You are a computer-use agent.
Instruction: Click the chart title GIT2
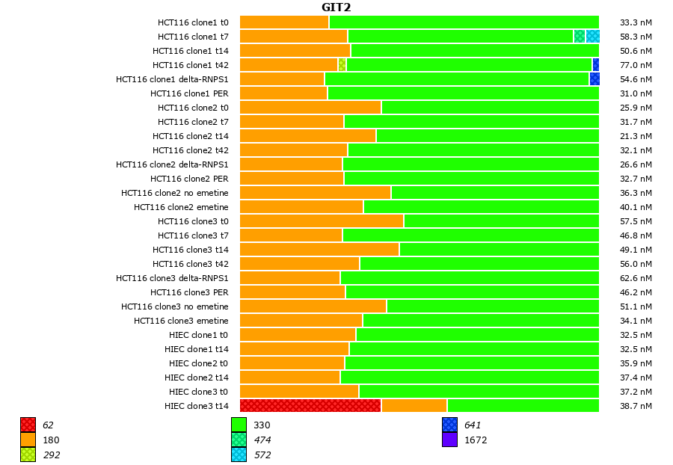click(336, 7)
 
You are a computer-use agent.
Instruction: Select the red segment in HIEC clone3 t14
click(310, 406)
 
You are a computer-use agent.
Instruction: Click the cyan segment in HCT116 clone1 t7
click(592, 36)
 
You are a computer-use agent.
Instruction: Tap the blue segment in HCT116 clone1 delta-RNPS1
click(594, 78)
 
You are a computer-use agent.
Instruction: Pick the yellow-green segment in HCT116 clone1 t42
click(342, 64)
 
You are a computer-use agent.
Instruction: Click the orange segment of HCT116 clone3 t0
click(322, 221)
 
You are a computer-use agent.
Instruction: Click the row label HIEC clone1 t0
click(198, 335)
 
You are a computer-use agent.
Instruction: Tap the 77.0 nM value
click(636, 65)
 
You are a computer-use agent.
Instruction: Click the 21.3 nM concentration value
click(636, 136)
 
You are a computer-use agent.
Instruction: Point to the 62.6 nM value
click(636, 278)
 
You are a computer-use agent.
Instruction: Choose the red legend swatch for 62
click(28, 425)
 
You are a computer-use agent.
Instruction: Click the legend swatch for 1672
click(449, 440)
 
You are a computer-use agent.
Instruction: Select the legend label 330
click(262, 425)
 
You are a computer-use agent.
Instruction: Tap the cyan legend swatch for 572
click(239, 455)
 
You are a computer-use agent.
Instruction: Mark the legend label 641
click(473, 425)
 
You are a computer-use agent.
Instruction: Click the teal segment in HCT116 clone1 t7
click(580, 36)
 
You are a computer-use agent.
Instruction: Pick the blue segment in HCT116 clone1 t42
click(596, 64)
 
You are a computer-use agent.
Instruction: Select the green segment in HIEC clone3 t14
click(523, 406)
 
